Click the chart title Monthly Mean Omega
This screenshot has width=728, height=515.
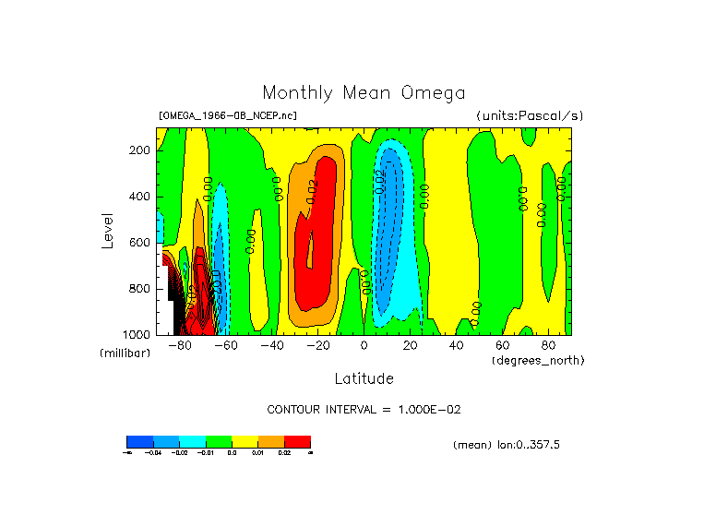(364, 93)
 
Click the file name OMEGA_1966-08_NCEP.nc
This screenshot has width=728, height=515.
(228, 115)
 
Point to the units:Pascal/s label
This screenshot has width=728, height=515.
(530, 115)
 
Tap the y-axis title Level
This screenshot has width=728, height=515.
(110, 230)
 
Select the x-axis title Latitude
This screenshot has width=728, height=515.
(364, 378)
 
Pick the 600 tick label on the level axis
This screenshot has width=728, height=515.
(140, 243)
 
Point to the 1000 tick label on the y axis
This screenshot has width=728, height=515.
(137, 333)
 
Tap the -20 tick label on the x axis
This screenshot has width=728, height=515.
(317, 346)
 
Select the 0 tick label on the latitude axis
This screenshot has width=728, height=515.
(364, 346)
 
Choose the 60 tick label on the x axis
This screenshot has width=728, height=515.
(502, 346)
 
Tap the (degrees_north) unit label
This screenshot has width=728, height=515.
(538, 359)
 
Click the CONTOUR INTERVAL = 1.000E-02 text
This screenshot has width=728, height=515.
(370, 409)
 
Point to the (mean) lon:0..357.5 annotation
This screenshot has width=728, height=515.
(507, 445)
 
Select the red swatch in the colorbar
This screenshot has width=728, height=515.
(297, 441)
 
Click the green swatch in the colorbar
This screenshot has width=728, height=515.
(219, 441)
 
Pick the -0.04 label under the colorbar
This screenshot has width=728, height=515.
(152, 452)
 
